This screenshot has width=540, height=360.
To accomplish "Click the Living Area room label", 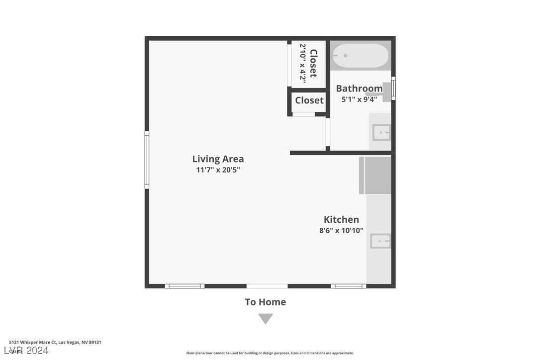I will pyautogui.click(x=218, y=159).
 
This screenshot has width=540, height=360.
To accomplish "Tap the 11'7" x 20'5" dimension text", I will pyautogui.click(x=218, y=170).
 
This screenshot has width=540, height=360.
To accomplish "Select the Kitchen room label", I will pyautogui.click(x=341, y=219).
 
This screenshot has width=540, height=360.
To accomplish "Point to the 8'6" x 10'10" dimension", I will pyautogui.click(x=341, y=231).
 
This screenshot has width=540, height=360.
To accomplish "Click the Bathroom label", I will pyautogui.click(x=359, y=89).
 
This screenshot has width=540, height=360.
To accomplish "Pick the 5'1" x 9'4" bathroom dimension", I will pyautogui.click(x=359, y=99).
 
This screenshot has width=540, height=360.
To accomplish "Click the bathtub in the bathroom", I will pyautogui.click(x=360, y=56).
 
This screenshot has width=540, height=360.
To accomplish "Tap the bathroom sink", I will pyautogui.click(x=381, y=133).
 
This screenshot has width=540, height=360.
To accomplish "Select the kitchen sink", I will pyautogui.click(x=380, y=241).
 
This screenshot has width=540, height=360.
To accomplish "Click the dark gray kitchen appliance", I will pyautogui.click(x=375, y=176).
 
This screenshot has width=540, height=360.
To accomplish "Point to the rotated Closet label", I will pyautogui.click(x=313, y=63).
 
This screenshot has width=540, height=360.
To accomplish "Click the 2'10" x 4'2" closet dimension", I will pyautogui.click(x=302, y=63).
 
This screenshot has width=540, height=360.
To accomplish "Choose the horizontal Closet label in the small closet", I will pyautogui.click(x=309, y=100).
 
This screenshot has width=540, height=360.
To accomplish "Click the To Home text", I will pyautogui.click(x=266, y=302).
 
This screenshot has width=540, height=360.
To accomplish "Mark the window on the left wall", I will pyautogui.click(x=147, y=160).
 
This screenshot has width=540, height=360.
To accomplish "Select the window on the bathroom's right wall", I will pyautogui.click(x=393, y=88).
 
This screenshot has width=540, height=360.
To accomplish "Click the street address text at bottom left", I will pyautogui.click(x=55, y=342).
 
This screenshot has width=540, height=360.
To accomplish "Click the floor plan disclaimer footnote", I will pyautogui.click(x=270, y=353).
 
